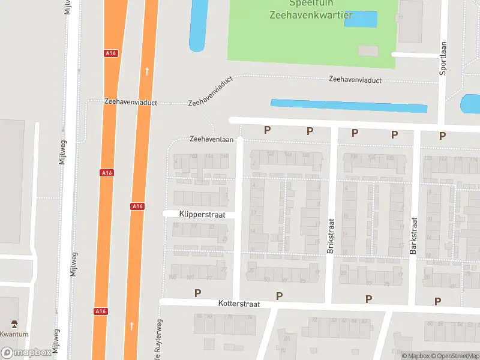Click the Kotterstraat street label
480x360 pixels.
point(239,304)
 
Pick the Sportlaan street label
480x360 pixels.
point(443,58)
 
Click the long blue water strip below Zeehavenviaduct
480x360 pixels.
point(349,106)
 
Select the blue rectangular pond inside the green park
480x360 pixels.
point(361,19)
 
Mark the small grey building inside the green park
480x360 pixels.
point(368,51)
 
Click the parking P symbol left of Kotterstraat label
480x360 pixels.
point(197,293)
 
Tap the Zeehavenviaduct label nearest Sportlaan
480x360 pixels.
point(355,80)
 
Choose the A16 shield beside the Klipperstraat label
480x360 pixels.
point(137,206)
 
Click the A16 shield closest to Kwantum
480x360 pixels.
point(101,311)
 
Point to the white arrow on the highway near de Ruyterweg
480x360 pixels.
point(131,326)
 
